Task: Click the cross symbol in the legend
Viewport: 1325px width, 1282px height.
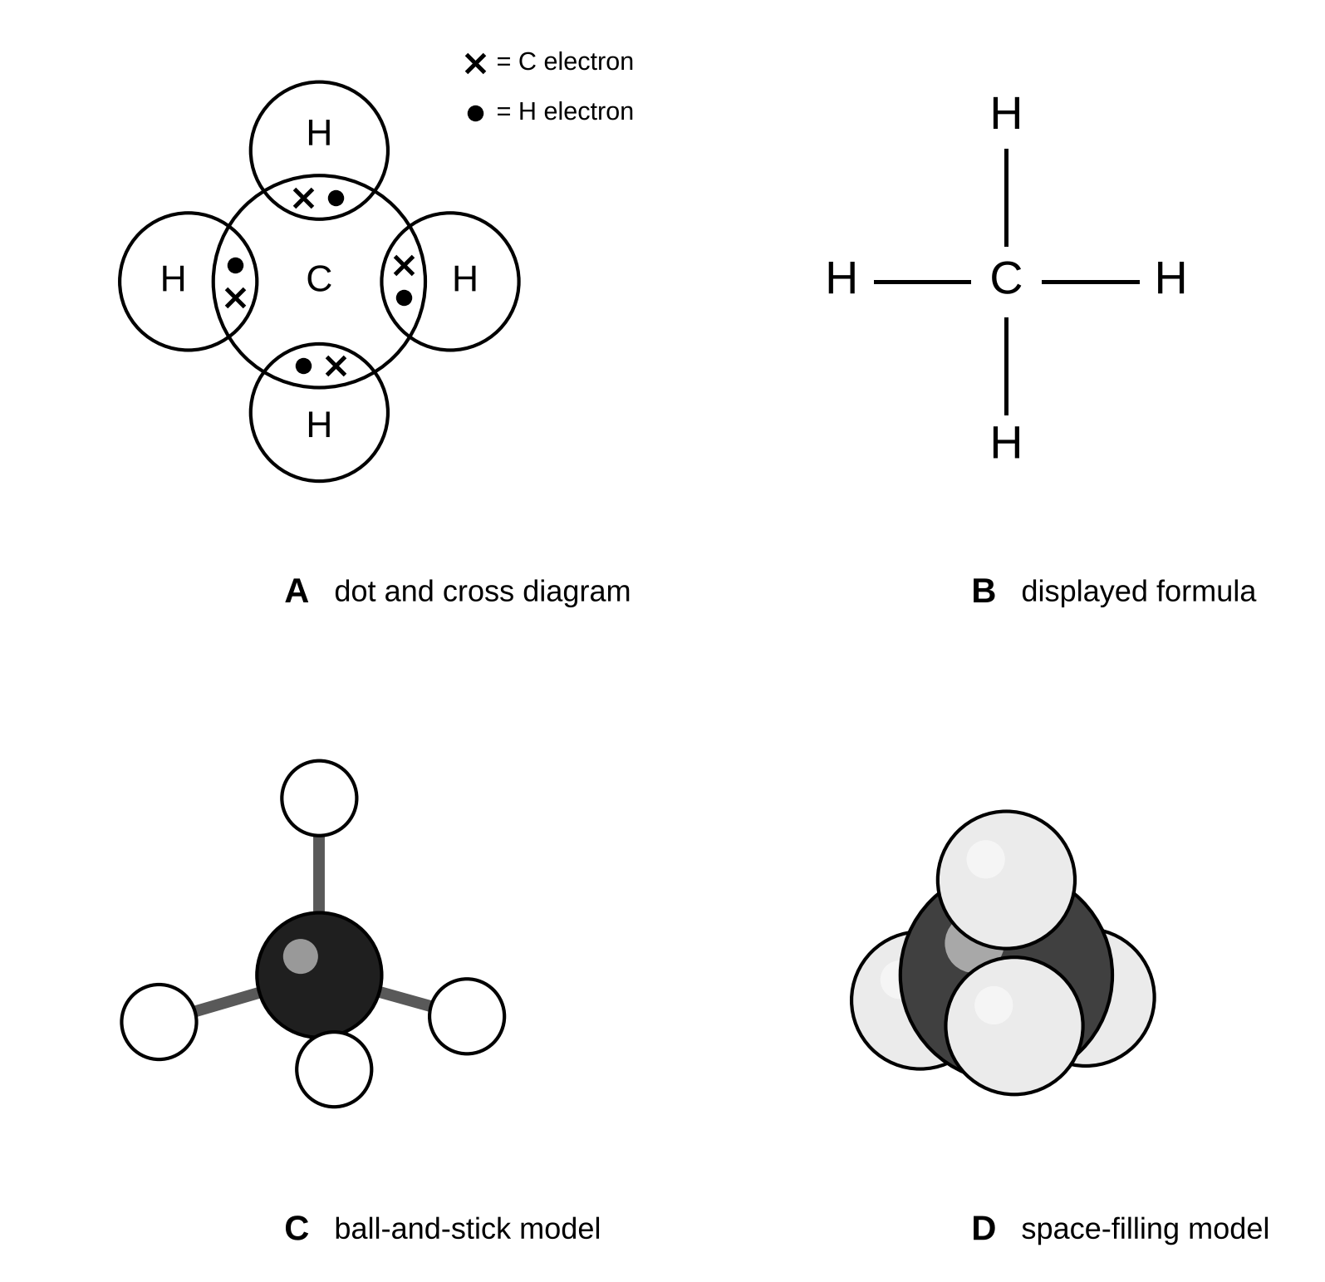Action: [x=475, y=63]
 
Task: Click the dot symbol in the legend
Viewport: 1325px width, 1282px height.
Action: [x=475, y=113]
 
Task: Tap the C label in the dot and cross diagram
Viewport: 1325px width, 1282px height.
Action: [x=319, y=279]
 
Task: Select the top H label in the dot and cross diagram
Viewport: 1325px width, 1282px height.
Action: [x=319, y=133]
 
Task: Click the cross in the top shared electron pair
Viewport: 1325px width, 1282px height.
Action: [x=304, y=198]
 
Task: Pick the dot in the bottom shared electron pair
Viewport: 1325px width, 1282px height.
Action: [x=304, y=366]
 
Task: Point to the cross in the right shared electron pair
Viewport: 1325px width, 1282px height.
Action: [x=404, y=265]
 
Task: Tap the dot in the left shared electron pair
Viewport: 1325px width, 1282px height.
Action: [x=235, y=266]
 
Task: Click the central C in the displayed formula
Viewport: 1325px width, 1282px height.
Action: [x=1006, y=278]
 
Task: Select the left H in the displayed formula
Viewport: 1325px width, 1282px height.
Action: [x=842, y=278]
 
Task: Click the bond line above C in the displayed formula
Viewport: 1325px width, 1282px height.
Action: [x=1006, y=198]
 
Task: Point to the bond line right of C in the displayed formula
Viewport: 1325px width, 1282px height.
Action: [x=1091, y=282]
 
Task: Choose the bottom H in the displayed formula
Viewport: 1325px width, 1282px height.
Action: [x=1006, y=443]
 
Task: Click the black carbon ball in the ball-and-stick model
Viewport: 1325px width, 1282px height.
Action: [x=319, y=975]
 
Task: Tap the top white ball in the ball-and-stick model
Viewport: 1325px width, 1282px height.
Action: [x=319, y=798]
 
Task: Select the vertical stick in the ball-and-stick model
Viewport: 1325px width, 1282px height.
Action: [x=319, y=874]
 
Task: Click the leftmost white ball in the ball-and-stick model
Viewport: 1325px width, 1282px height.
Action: [x=159, y=1022]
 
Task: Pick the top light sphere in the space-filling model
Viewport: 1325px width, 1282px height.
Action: [x=1006, y=879]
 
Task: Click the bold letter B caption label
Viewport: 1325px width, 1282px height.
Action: [x=984, y=592]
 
